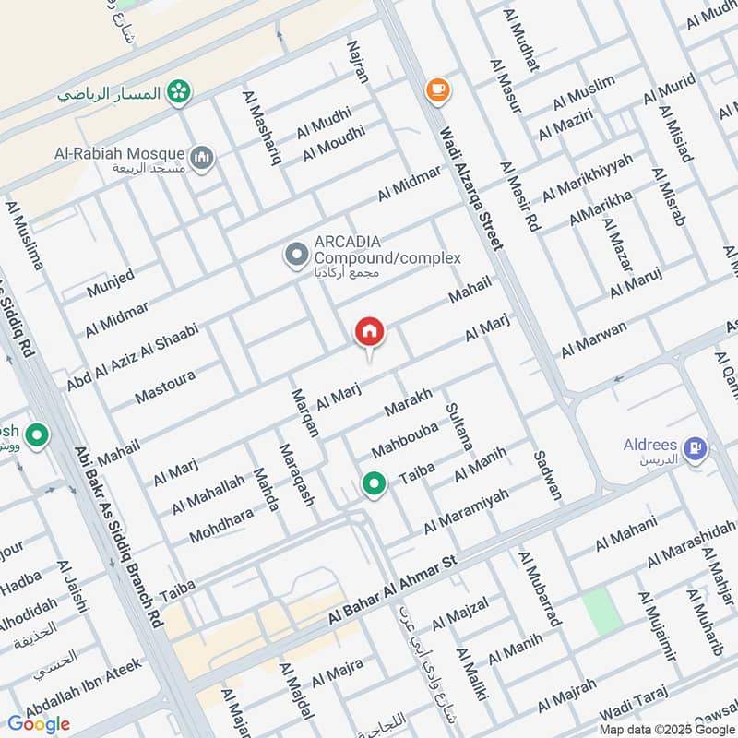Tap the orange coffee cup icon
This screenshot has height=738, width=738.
pyautogui.click(x=436, y=89)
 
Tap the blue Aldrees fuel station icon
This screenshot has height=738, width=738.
pyautogui.click(x=696, y=449)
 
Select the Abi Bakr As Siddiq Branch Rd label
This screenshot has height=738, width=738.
pyautogui.click(x=117, y=539)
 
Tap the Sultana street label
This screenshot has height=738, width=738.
pyautogui.click(x=458, y=425)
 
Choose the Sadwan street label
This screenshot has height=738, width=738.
pyautogui.click(x=548, y=475)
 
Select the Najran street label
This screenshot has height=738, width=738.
pyautogui.click(x=357, y=62)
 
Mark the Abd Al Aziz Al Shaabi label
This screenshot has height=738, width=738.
pyautogui.click(x=132, y=356)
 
